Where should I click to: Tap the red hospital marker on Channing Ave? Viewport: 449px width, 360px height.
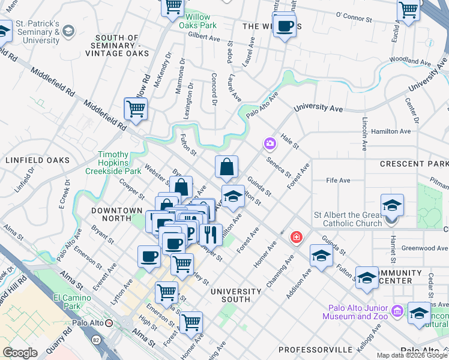click(295, 238)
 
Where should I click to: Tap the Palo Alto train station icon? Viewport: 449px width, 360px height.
click(109, 323)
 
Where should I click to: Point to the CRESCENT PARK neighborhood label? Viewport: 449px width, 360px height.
click(414, 164)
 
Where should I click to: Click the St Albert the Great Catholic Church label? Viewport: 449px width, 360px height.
click(352, 219)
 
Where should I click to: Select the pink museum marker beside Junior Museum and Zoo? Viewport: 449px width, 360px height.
click(397, 311)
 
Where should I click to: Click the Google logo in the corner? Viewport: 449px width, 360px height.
click(20, 353)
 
